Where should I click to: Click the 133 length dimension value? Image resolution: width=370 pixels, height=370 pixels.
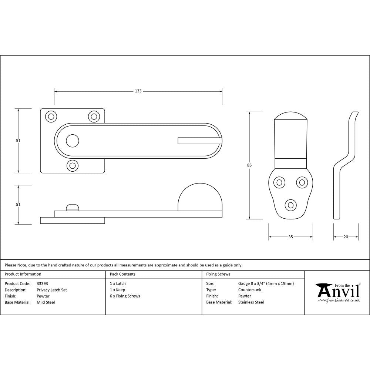[138, 91]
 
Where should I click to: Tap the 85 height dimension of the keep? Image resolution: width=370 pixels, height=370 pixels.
[249, 165]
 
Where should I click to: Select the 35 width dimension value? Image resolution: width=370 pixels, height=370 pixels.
[290, 237]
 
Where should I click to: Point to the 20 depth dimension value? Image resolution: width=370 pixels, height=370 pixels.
[346, 237]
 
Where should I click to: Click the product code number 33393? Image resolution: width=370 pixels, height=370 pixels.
[42, 283]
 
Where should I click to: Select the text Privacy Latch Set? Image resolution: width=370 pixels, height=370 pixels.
[52, 290]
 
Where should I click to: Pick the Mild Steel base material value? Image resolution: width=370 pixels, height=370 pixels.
[46, 302]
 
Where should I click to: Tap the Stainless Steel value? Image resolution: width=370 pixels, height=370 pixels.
[251, 302]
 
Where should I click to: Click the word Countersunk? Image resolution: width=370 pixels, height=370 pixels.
[250, 290]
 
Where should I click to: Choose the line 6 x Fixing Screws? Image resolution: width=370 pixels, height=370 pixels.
[125, 296]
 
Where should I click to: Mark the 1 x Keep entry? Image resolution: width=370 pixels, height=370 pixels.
[117, 290]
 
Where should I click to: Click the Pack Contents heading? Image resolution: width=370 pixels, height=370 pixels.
[122, 274]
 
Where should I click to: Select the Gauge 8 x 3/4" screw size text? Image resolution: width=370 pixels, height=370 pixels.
[266, 283]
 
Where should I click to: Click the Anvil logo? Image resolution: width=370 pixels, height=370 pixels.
[338, 291]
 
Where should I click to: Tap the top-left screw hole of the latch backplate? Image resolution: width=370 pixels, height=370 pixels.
[51, 116]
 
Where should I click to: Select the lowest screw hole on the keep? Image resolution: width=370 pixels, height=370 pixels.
[290, 205]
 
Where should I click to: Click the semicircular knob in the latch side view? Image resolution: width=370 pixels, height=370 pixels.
[200, 198]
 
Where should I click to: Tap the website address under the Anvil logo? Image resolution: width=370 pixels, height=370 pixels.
[338, 300]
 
